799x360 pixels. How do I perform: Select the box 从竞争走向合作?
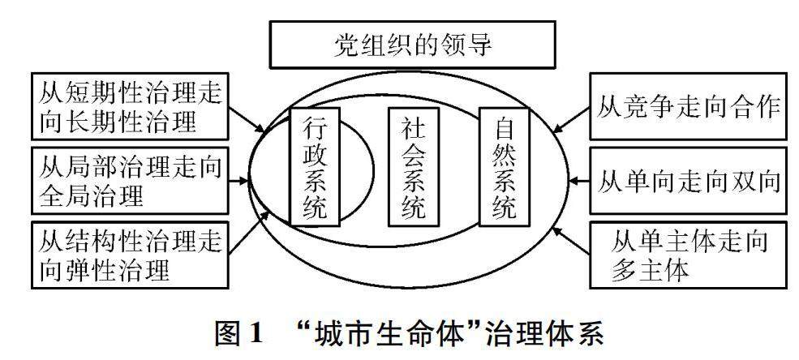point(688,106)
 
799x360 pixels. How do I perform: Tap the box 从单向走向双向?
point(688,182)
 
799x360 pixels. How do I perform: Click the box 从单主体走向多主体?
point(688,255)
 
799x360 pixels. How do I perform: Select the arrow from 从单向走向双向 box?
point(578,180)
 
